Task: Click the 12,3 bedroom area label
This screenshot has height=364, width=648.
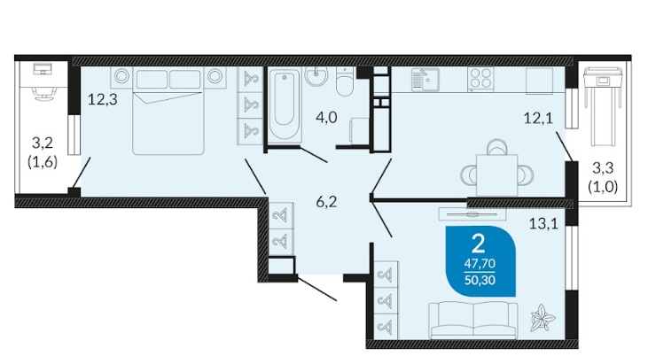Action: tap(103, 99)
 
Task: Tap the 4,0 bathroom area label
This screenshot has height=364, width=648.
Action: tap(326, 118)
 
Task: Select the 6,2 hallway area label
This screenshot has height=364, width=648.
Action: tap(326, 202)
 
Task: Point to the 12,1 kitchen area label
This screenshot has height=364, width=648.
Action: tap(538, 119)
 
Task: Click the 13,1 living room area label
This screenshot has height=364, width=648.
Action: tap(544, 224)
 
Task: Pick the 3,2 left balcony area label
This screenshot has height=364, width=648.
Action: tap(43, 143)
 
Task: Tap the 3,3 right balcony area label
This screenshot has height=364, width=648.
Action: tap(603, 168)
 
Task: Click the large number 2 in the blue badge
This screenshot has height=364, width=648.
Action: tap(478, 244)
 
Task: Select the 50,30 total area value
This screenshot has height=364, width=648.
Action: tap(480, 280)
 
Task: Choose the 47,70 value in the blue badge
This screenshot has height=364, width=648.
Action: tap(480, 263)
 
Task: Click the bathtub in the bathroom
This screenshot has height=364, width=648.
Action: tap(284, 105)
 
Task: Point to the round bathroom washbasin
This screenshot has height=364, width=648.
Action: tap(316, 75)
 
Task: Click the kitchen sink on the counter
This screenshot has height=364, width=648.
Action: tap(425, 80)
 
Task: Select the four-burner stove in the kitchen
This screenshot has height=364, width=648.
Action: tap(480, 79)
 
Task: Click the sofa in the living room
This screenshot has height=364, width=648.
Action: tap(472, 321)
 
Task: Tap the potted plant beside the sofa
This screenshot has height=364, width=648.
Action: tap(543, 318)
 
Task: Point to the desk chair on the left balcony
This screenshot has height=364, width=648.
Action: tap(43, 95)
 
